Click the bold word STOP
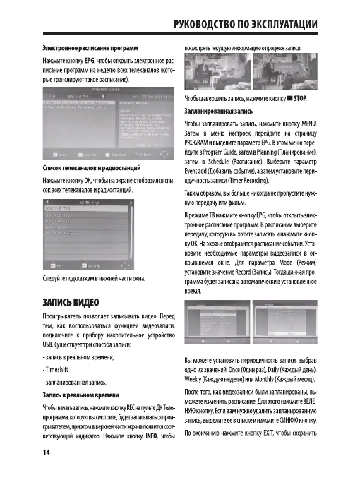click(x=303, y=96)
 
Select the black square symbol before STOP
click(x=289, y=96)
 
